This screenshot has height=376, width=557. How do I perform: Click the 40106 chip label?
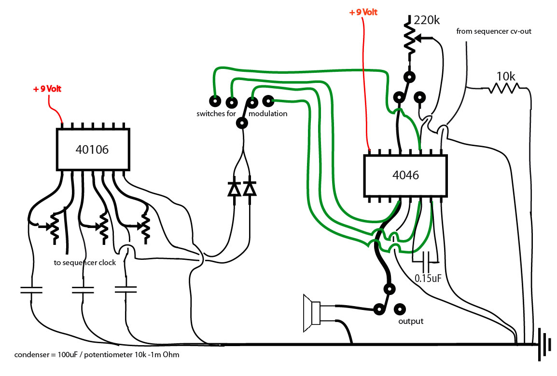tap(92, 149)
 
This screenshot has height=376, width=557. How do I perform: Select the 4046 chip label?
tap(405, 175)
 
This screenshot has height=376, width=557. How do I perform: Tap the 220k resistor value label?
tap(427, 20)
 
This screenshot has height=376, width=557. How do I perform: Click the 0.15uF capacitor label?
tap(428, 278)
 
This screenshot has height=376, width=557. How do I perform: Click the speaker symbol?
tap(312, 313)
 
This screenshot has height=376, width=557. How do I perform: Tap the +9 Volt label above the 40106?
tap(47, 89)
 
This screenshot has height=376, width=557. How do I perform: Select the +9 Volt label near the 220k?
tap(363, 12)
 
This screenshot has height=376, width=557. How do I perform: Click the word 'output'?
tap(411, 322)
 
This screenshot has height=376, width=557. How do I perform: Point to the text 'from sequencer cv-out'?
tap(494, 31)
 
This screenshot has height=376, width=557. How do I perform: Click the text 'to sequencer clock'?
tap(85, 263)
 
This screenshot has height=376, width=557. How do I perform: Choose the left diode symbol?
tap(234, 189)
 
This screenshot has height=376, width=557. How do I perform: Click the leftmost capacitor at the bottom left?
tap(31, 290)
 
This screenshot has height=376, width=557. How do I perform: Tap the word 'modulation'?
tap(268, 113)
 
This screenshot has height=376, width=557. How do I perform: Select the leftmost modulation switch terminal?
tap(215, 101)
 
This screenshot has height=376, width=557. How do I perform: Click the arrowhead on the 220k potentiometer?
tap(419, 38)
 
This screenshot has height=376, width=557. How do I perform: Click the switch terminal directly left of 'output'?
tap(379, 309)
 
